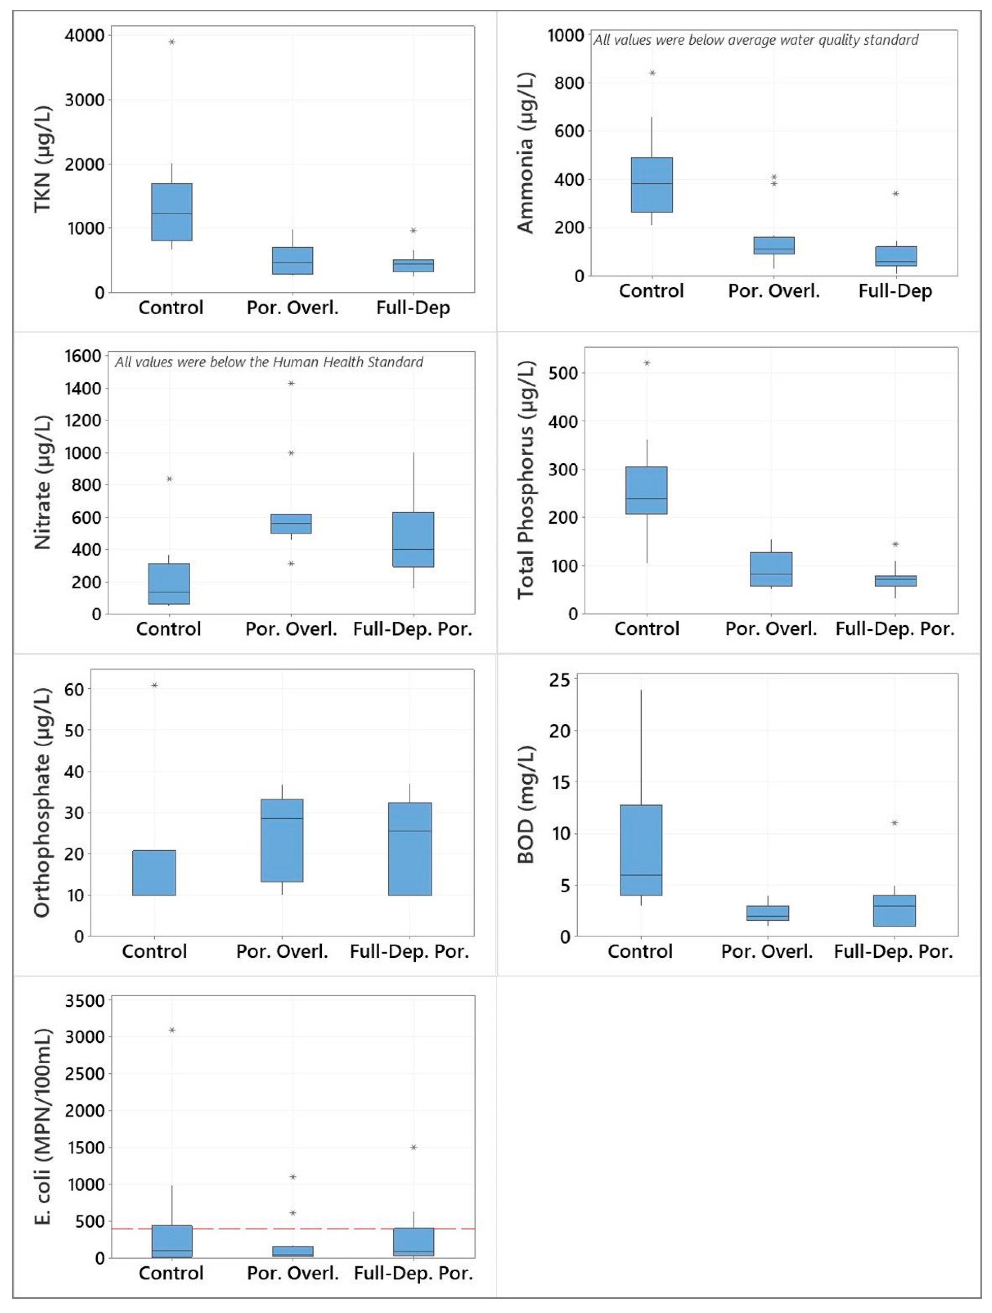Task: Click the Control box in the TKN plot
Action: click(x=171, y=212)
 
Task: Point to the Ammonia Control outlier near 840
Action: click(x=652, y=73)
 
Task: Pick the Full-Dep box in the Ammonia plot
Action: click(x=895, y=256)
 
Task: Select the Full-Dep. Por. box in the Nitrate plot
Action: click(x=413, y=540)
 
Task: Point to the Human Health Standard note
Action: click(x=269, y=362)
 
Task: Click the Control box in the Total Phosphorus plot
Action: click(x=647, y=490)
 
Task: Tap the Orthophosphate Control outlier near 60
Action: click(x=154, y=685)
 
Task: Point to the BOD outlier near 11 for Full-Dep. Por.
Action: click(x=894, y=823)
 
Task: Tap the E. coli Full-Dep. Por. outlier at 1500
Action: click(x=413, y=1147)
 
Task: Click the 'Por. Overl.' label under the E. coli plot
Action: click(x=293, y=1273)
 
